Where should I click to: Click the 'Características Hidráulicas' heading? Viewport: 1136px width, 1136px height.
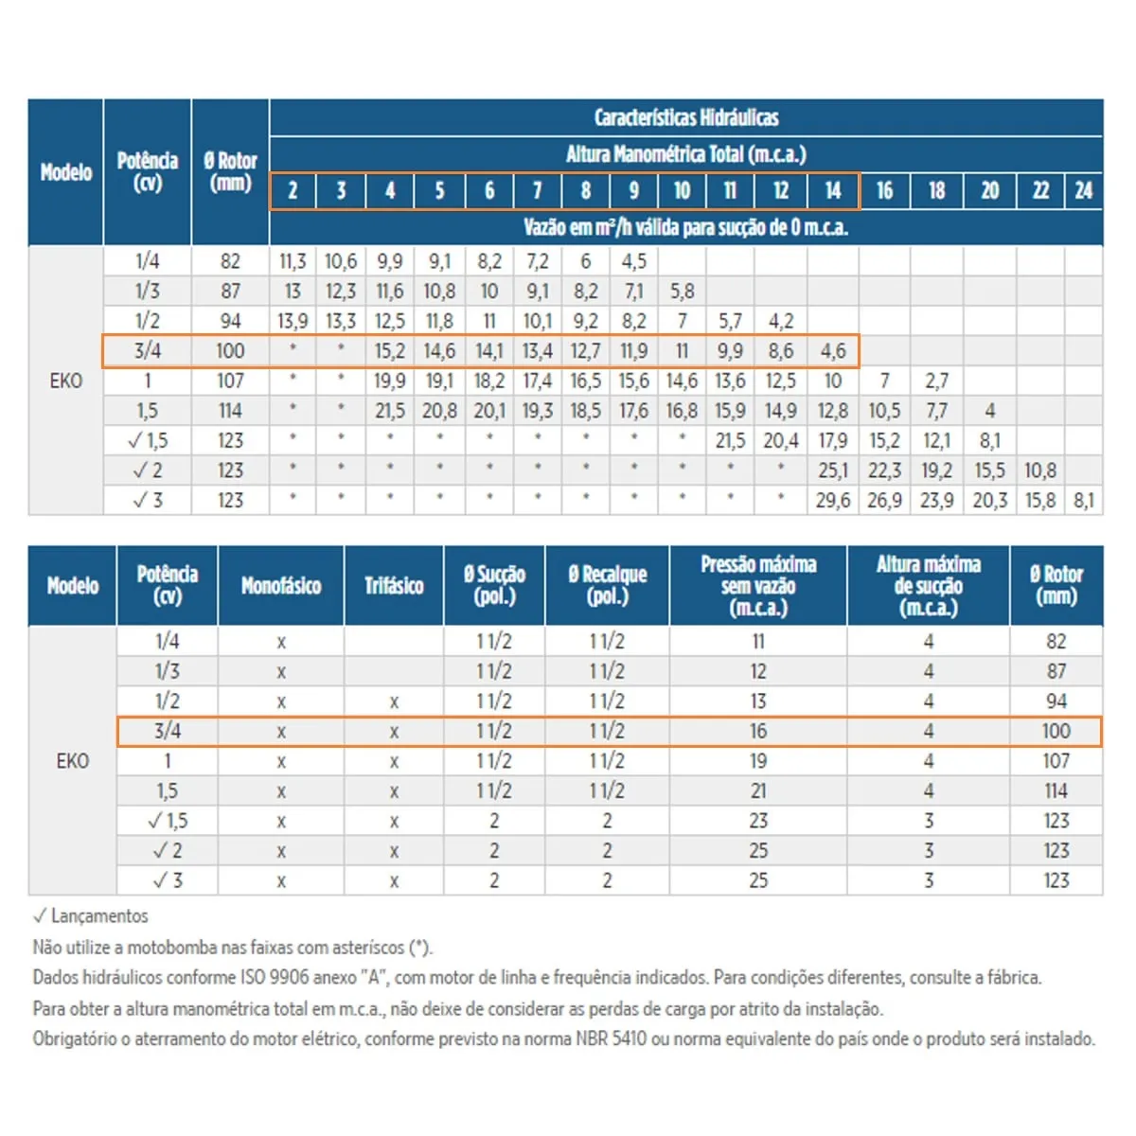(x=685, y=118)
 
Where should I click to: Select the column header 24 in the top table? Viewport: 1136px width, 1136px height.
(x=1083, y=190)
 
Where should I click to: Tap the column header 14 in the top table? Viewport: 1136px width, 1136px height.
(x=832, y=190)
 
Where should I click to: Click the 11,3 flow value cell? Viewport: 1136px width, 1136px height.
(x=293, y=261)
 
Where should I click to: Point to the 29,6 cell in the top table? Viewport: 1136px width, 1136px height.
(x=832, y=501)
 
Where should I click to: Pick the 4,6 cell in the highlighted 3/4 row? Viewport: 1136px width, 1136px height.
(x=832, y=351)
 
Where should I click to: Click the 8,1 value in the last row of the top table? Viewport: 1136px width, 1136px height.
(x=1084, y=501)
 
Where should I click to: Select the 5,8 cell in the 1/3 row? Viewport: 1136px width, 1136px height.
(x=682, y=292)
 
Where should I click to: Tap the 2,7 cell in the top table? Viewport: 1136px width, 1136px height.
(x=937, y=381)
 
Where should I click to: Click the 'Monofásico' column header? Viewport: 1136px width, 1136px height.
(x=280, y=586)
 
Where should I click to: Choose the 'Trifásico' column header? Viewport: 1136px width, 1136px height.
(x=394, y=586)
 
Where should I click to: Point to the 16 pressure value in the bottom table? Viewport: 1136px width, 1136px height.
(x=758, y=731)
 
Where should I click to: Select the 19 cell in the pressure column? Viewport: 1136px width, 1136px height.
(x=758, y=761)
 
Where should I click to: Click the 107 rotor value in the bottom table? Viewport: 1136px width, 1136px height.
(x=1056, y=761)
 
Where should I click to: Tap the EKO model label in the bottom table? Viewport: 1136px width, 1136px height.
(x=73, y=761)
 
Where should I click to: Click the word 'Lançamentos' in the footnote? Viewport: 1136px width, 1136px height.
(x=99, y=916)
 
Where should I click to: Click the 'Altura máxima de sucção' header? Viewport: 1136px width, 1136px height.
(x=929, y=586)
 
